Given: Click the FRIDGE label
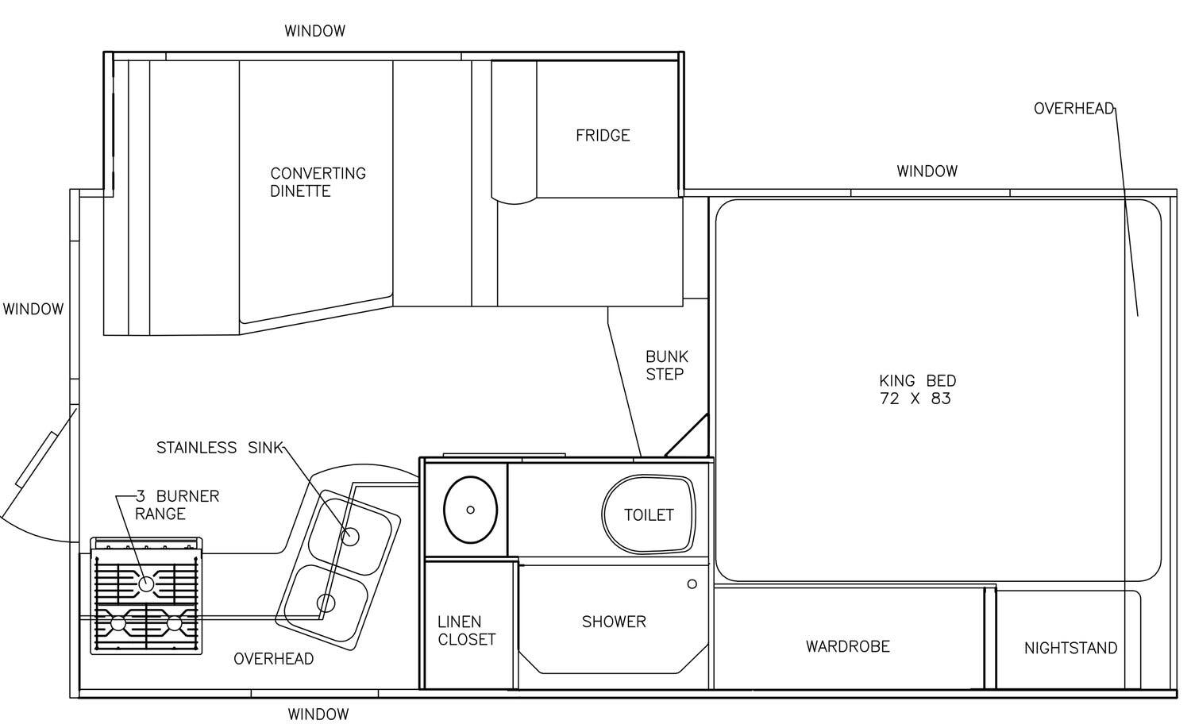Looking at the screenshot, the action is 603,136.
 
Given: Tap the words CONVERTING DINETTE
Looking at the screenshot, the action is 318,182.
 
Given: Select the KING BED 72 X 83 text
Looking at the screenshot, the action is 917,389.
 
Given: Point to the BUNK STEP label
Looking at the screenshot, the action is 667,365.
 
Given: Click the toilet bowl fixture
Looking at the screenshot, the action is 648,514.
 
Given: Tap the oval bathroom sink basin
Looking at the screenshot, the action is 470,510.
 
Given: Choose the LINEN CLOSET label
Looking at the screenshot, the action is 466,630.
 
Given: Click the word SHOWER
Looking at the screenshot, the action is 614,622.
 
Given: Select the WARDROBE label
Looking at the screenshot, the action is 847,646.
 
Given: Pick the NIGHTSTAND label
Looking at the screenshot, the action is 1070,648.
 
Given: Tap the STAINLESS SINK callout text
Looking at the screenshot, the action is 220,448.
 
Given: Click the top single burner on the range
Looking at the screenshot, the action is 146,584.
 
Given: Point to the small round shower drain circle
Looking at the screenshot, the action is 692,584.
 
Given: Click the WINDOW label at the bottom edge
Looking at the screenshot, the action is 318,715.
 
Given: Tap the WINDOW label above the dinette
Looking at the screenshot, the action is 314,31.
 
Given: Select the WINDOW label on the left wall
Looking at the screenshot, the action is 33,309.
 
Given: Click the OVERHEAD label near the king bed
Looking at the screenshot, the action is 1073,109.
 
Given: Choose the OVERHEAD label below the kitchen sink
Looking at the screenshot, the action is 273,659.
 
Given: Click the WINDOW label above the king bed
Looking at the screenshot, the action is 927,171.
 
